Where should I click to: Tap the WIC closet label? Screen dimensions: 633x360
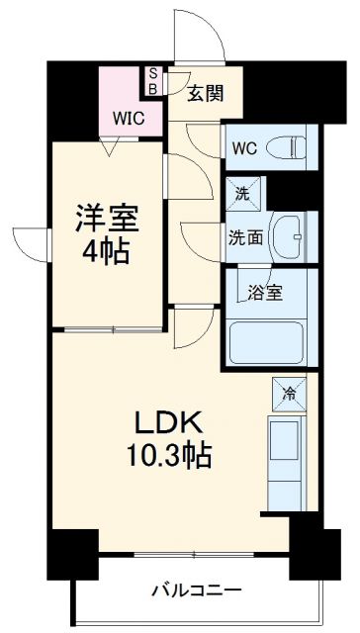128,118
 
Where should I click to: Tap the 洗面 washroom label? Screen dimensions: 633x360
244,237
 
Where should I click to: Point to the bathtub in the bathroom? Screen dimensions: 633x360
270,343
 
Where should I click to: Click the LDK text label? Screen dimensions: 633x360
169,424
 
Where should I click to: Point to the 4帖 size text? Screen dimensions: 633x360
106,251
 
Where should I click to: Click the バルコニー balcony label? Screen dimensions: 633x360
196,591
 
